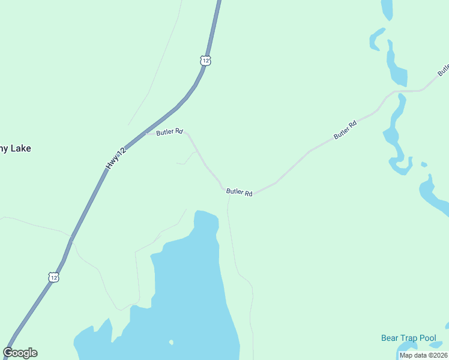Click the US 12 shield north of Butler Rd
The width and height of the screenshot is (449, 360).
[x=206, y=61]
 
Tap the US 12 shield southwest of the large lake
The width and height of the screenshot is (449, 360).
[x=54, y=277]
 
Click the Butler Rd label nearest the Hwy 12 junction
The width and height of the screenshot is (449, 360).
[x=169, y=132]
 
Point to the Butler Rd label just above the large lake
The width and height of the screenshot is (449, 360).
[x=240, y=192]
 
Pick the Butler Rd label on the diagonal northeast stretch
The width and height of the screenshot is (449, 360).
[x=345, y=130]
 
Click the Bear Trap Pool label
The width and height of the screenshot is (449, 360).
[x=408, y=338]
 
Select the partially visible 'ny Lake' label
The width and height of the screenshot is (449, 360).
[x=16, y=148]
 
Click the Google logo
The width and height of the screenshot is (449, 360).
[x=20, y=353]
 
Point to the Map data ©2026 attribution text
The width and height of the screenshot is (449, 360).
[x=423, y=355]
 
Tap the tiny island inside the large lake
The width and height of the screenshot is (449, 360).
[x=171, y=343]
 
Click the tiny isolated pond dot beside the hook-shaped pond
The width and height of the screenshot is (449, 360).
[x=424, y=164]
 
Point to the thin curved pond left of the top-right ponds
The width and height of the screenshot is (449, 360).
[x=375, y=38]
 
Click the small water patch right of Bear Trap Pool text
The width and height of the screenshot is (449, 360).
[x=447, y=326]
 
